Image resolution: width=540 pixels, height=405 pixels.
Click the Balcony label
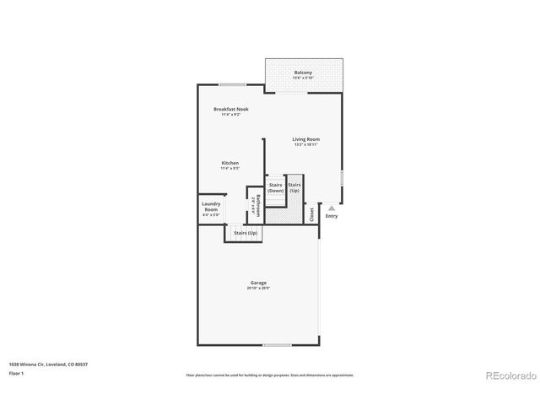point(303,73)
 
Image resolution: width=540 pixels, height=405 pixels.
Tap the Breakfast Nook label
point(230,109)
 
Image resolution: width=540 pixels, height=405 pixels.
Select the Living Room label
point(306,139)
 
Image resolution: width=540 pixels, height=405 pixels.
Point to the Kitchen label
point(230,163)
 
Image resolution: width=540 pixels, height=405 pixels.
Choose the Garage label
point(258,283)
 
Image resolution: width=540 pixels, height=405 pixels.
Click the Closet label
point(311,214)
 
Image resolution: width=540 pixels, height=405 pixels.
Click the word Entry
point(332,216)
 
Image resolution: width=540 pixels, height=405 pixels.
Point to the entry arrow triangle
point(332,206)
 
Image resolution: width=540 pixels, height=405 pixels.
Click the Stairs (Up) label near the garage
point(246,232)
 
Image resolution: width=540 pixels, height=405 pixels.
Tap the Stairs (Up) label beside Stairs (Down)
point(294,187)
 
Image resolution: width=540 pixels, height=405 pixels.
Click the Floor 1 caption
point(17,373)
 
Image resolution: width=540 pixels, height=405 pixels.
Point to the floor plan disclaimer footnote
point(270,375)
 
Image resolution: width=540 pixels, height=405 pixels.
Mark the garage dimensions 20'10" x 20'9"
point(258,289)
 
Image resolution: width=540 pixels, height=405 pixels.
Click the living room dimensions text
point(306,144)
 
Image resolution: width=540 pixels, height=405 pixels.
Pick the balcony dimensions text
point(303,78)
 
